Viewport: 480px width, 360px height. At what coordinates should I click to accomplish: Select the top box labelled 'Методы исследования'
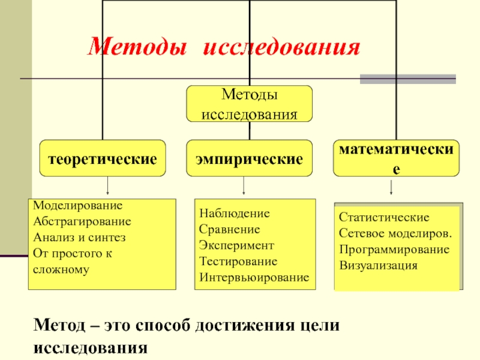point(249,104)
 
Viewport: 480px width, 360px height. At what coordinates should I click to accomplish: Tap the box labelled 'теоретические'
point(103,159)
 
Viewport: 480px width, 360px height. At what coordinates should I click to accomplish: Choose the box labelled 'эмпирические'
point(249,159)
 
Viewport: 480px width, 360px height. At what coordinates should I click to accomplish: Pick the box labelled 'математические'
point(395,159)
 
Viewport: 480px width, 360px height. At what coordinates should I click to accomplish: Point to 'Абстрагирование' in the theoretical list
point(82,221)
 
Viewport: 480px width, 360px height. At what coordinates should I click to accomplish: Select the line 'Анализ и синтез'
point(80,237)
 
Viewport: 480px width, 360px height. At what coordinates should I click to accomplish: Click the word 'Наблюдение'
point(235,214)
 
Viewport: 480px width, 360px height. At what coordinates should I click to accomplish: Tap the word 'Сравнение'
point(230,230)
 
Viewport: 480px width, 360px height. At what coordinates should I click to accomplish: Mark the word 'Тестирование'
point(238,262)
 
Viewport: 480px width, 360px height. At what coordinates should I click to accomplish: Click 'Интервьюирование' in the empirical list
point(254,278)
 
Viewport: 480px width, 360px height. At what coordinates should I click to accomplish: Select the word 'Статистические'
point(384,217)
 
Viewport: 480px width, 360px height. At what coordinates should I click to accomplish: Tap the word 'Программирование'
point(394,249)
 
